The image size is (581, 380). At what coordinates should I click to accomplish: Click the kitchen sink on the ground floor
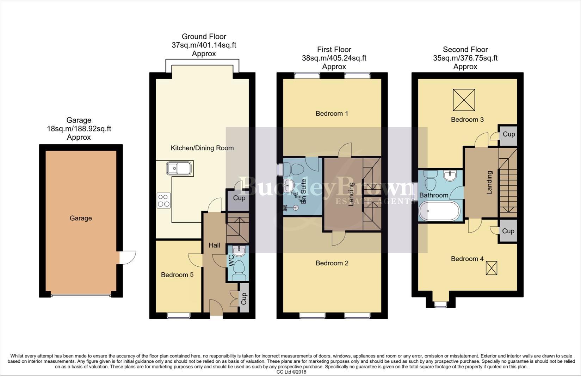pyautogui.click(x=179, y=169)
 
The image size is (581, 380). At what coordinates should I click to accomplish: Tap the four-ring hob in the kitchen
pyautogui.click(x=164, y=201)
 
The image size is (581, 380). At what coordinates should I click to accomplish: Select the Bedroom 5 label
pyautogui.click(x=177, y=275)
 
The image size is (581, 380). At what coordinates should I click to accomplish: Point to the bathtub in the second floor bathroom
pyautogui.click(x=439, y=211)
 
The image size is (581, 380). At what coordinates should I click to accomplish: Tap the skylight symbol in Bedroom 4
pyautogui.click(x=492, y=268)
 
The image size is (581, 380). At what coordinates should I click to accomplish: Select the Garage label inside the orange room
pyautogui.click(x=81, y=218)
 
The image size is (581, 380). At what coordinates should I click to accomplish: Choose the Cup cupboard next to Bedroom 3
pyautogui.click(x=508, y=134)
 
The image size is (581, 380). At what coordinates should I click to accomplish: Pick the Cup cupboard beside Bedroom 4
pyautogui.click(x=508, y=231)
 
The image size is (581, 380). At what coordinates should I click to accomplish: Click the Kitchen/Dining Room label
pyautogui.click(x=202, y=148)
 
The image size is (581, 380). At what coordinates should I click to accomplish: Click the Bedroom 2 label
pyautogui.click(x=332, y=263)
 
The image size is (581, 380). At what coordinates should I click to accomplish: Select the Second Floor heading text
pyautogui.click(x=465, y=50)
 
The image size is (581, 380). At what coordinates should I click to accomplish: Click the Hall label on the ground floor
pyautogui.click(x=214, y=245)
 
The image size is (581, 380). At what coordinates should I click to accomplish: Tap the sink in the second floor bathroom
pyautogui.click(x=450, y=176)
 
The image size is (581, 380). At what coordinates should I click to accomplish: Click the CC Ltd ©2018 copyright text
pyautogui.click(x=291, y=372)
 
